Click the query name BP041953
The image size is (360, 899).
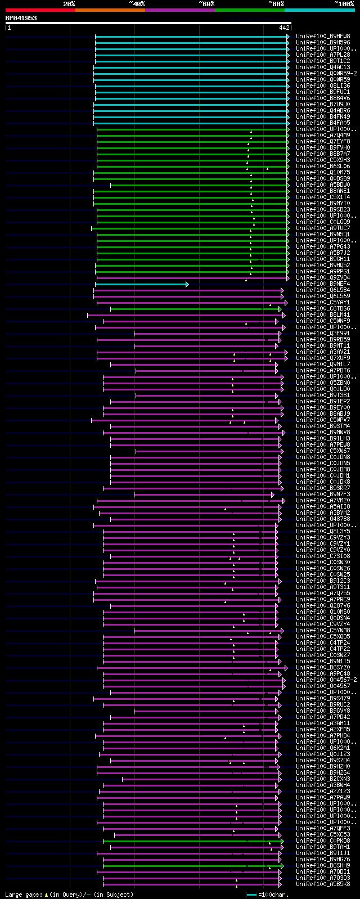coord(21,18)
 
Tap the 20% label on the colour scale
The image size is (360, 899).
coord(69,4)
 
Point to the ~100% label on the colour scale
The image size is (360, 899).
coord(344,4)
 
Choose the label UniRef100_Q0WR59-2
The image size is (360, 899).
coord(326,73)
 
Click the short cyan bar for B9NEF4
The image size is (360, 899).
coord(141,284)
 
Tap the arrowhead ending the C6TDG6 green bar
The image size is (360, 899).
coord(280,309)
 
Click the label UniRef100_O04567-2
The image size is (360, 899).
coord(326,680)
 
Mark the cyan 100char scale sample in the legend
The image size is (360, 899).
coord(251,894)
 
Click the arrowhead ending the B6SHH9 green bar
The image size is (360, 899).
coord(282,866)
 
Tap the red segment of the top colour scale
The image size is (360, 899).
coord(39,10)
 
